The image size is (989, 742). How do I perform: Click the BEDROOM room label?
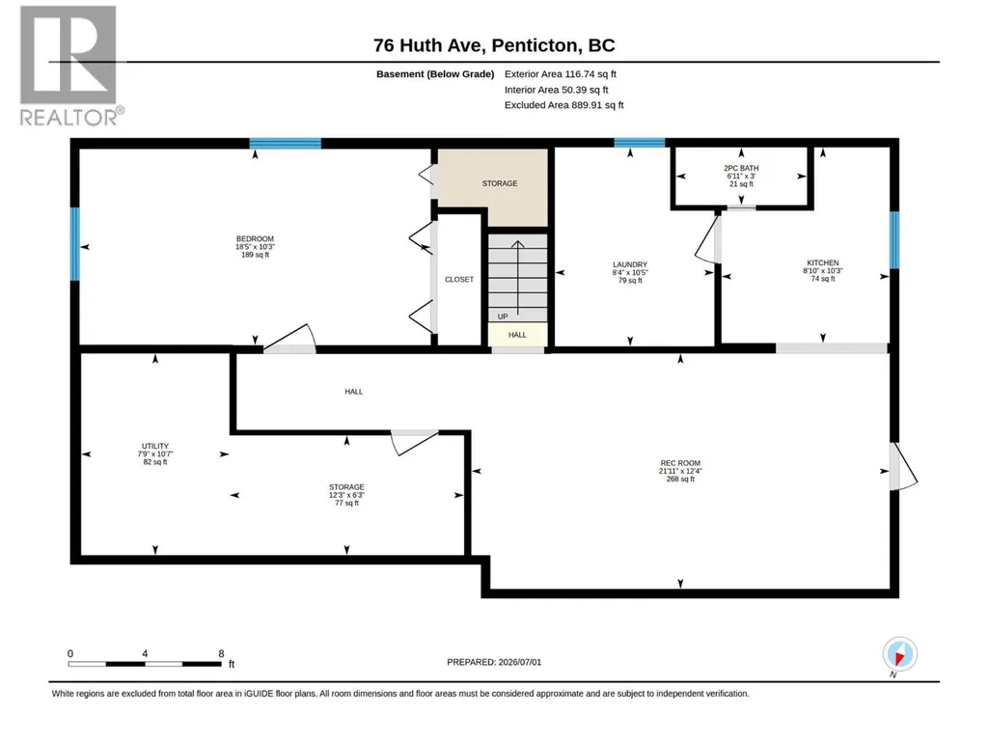(x=255, y=239)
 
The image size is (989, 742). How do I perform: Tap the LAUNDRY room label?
(x=630, y=264)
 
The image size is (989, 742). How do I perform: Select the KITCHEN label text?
(x=823, y=262)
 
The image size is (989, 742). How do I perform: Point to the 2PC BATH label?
(x=741, y=168)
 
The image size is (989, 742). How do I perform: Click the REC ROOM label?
(x=680, y=462)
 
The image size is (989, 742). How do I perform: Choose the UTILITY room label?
(x=155, y=446)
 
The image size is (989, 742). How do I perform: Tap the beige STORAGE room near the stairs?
(x=493, y=187)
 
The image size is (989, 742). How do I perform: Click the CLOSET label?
(x=458, y=279)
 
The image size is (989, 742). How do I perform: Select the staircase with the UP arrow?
(x=517, y=278)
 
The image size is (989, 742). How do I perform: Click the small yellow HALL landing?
(x=517, y=335)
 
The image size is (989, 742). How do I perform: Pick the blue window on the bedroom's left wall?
(x=75, y=243)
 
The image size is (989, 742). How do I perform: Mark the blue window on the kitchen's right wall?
(x=893, y=239)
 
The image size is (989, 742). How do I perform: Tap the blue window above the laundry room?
(x=640, y=143)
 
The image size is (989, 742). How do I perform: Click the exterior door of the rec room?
(x=902, y=466)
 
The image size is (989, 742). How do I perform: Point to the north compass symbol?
(x=899, y=655)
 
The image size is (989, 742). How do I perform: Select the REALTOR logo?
(x=69, y=67)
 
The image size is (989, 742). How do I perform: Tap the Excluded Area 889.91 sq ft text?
(x=563, y=105)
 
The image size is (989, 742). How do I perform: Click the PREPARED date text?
(x=494, y=662)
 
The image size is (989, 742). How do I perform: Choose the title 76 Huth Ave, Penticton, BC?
(x=494, y=45)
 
